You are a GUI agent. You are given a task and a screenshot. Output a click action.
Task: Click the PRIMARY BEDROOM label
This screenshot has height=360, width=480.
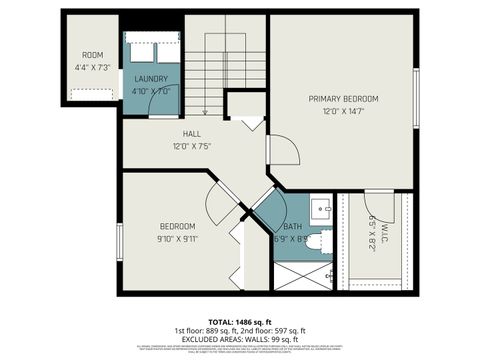coord(343,98)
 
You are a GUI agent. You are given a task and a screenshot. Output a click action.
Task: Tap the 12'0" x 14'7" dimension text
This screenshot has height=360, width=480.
coord(343,112)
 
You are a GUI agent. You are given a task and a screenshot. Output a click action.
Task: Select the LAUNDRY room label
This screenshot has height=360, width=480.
coord(151,78)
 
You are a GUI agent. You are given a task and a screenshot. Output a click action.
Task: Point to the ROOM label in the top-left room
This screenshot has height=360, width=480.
coord(92,55)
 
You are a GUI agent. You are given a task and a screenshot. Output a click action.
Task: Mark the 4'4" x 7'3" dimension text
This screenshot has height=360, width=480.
coord(92,68)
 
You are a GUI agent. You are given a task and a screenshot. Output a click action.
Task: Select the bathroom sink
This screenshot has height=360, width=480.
coord(319,210)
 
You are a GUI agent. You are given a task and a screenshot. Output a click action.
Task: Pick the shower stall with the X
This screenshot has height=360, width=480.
coord(303,274)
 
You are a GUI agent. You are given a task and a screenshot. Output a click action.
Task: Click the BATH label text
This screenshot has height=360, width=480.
coord(292,227)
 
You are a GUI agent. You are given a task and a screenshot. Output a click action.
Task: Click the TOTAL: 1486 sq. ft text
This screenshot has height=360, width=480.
coord(240,320)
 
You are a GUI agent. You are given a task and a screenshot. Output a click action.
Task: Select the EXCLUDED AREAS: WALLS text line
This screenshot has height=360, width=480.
coord(240,338)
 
